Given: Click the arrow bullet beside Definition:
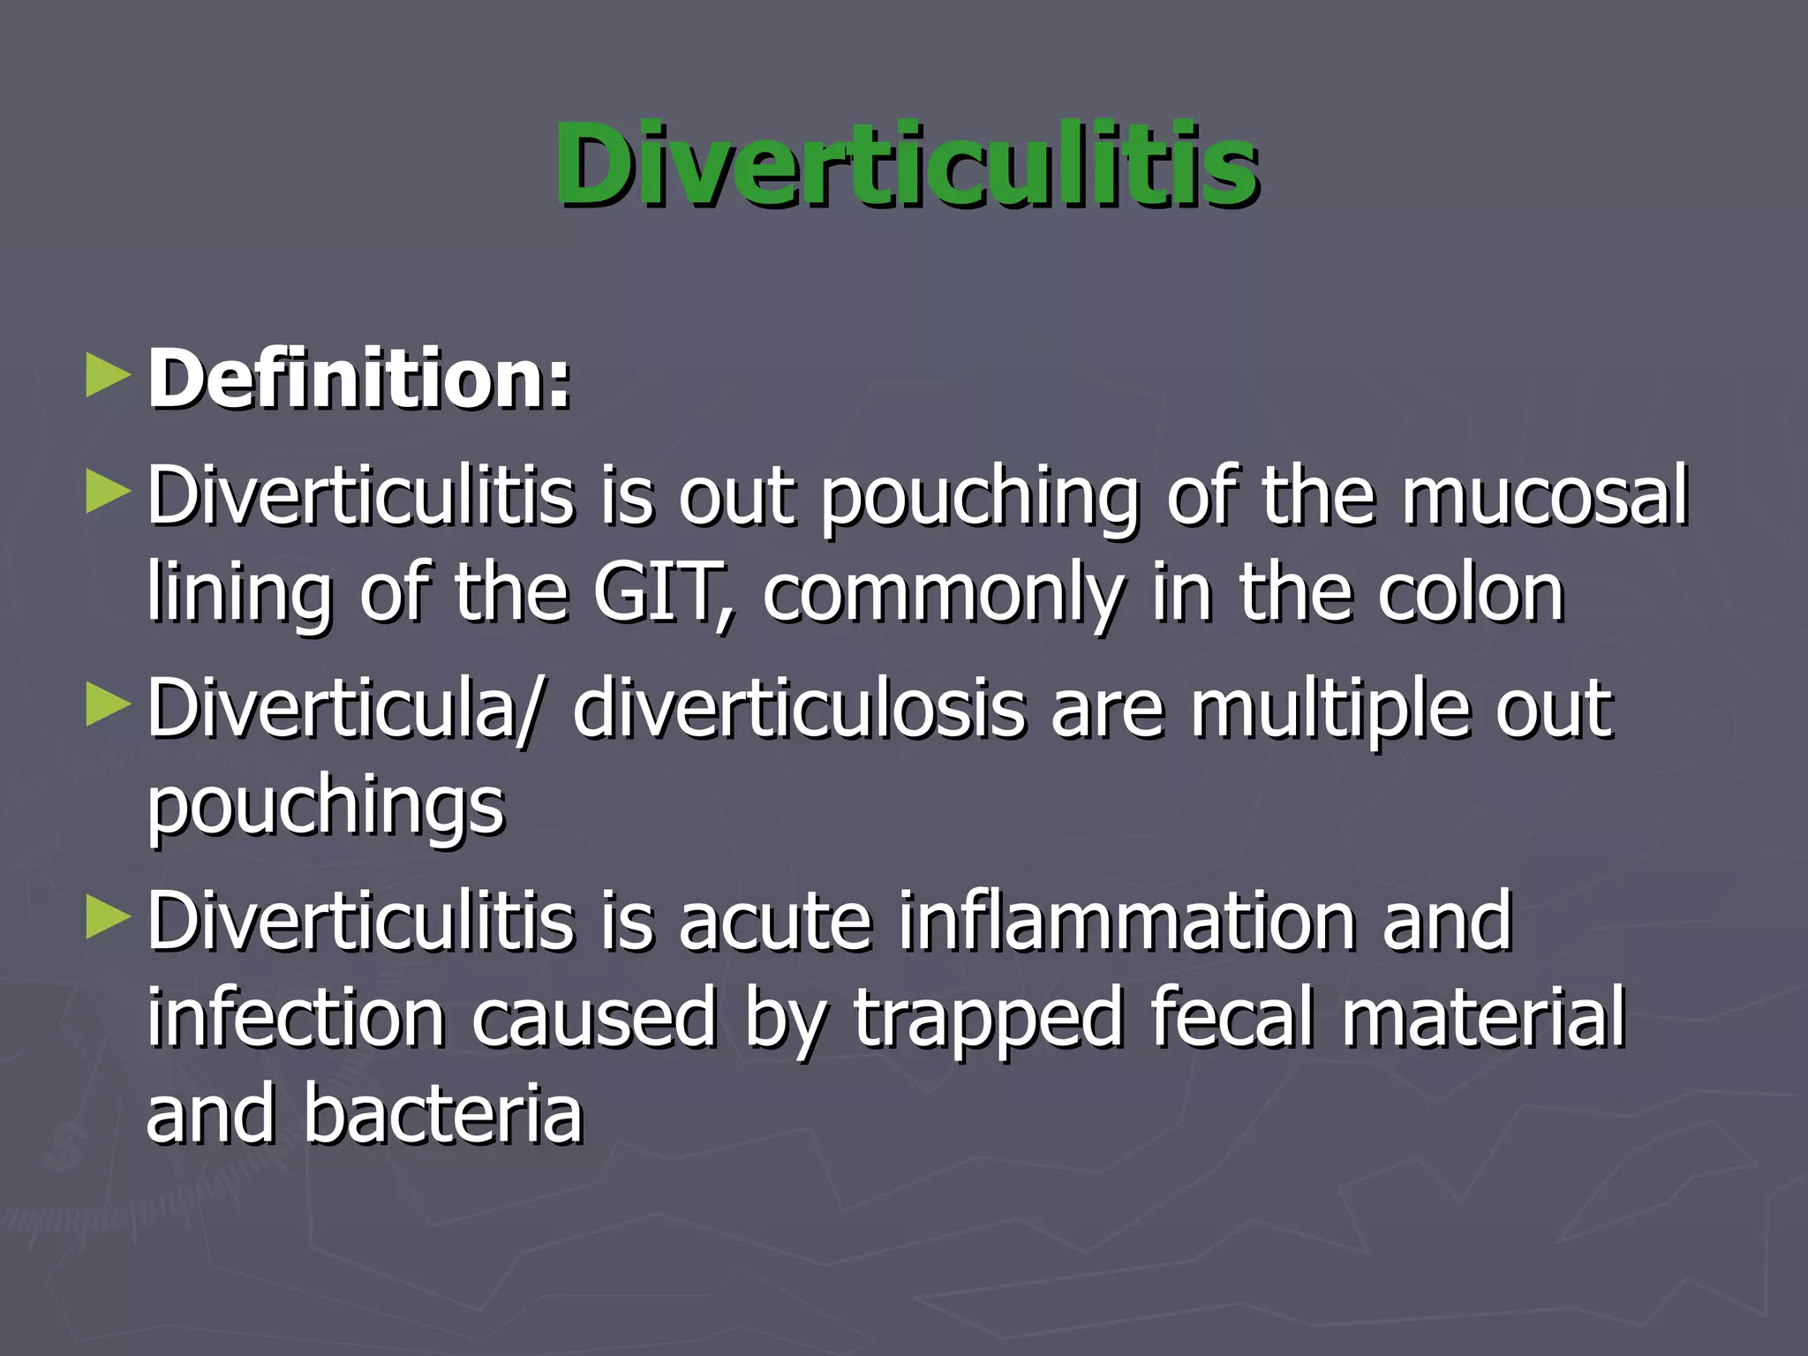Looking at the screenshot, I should point(108,377).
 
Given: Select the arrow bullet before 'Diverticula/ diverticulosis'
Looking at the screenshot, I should point(108,707).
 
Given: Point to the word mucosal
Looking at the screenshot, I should point(1545,496).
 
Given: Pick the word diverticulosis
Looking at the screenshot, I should point(800,709).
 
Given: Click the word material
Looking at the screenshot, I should point(1483,1019).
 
